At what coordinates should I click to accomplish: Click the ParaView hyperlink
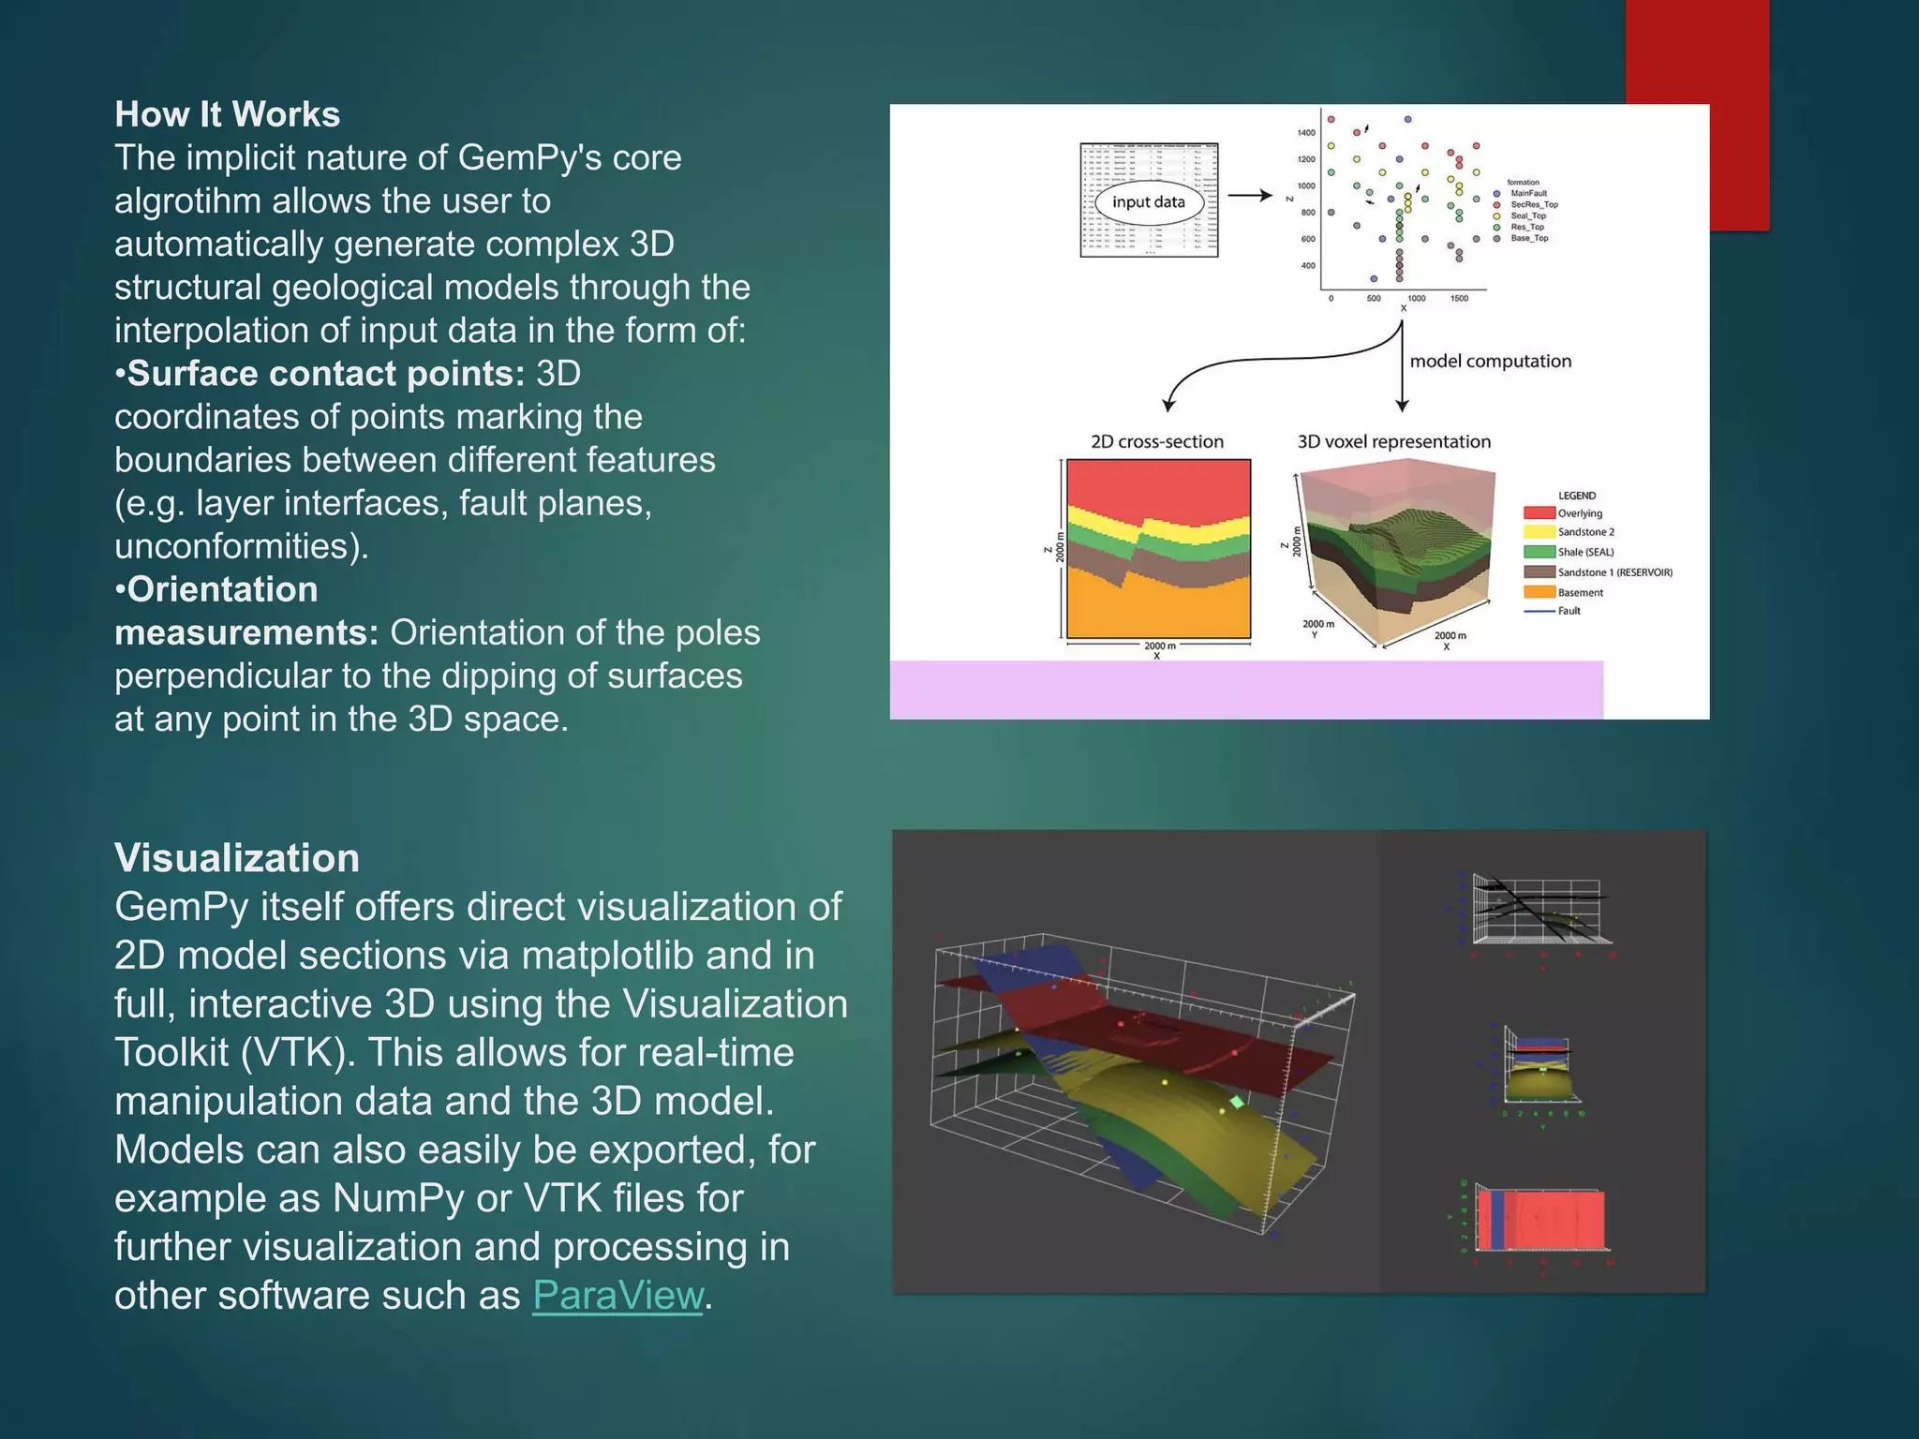coord(617,1296)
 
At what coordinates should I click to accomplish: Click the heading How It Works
coord(227,114)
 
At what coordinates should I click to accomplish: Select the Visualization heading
coord(237,858)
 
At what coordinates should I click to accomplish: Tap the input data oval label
coord(1148,202)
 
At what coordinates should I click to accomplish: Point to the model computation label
coord(1490,362)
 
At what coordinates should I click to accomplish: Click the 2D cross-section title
coord(1157,441)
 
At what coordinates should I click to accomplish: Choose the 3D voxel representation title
coord(1393,441)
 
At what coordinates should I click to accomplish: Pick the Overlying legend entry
coord(1579,513)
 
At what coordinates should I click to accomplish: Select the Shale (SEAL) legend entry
coord(1584,552)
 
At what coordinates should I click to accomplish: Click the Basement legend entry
coord(1580,592)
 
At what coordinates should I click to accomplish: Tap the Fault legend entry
coord(1569,611)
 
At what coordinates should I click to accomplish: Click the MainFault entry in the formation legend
coord(1528,194)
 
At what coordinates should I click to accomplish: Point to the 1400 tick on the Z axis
coord(1306,133)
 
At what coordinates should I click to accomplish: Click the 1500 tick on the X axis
coord(1459,299)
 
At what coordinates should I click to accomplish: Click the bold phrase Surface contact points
coord(325,374)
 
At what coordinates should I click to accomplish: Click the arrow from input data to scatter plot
coord(1250,196)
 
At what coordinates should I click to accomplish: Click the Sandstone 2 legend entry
coord(1585,532)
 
